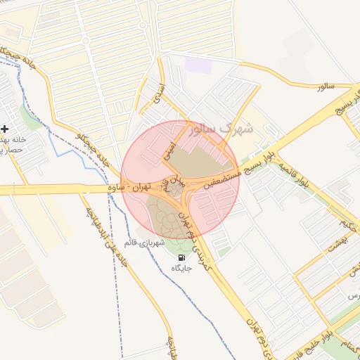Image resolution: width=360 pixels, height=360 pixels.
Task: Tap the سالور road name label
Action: coord(324,86)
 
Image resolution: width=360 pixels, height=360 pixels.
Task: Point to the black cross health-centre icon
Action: coord(5,129)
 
